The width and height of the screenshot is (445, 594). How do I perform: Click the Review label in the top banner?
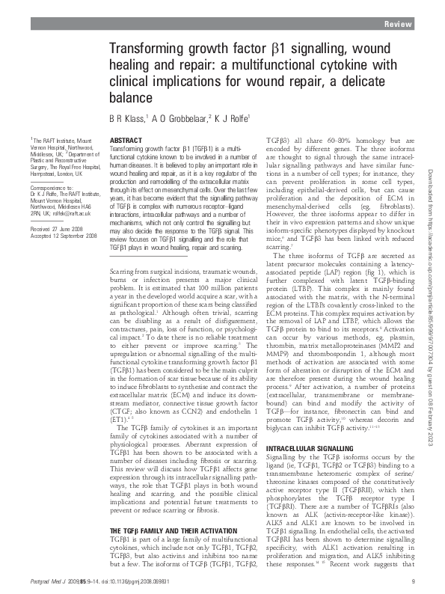(x=397, y=25)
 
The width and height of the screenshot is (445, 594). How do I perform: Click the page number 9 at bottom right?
(x=412, y=582)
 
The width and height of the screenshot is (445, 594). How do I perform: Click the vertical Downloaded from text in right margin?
(x=430, y=224)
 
